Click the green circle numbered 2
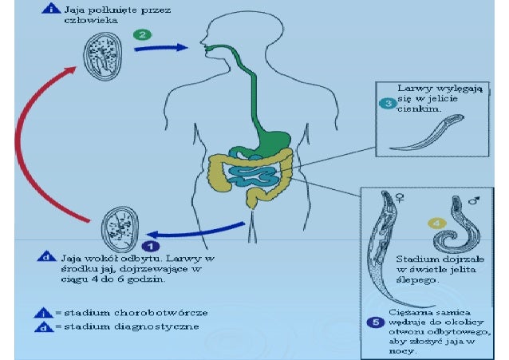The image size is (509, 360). pos(141,35)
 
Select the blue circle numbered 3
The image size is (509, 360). pos(387,104)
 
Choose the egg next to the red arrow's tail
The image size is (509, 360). pos(120,231)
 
